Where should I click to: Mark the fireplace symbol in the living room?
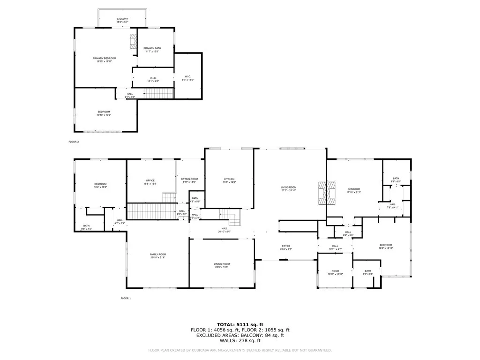click(327, 193)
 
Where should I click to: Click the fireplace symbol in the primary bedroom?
click(133, 41)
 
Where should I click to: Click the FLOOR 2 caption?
click(74, 141)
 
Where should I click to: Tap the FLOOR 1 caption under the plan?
click(126, 298)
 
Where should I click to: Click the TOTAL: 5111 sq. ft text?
click(240, 324)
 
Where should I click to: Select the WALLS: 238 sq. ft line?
click(240, 341)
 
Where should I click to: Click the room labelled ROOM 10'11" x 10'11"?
click(335, 272)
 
